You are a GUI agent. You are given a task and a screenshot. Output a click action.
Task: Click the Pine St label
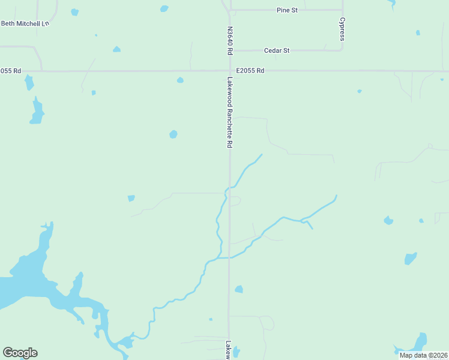pos(287,10)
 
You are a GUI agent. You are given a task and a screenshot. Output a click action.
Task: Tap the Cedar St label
pos(277,50)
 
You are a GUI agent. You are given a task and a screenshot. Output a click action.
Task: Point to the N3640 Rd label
pos(229,40)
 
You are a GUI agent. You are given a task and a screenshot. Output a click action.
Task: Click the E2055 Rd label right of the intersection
pos(250,71)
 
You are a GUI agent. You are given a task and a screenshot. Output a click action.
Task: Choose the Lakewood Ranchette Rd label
pos(229,112)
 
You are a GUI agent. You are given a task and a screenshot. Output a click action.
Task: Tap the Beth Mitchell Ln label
pos(24,23)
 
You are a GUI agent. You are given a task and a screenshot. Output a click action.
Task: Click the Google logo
pos(20,352)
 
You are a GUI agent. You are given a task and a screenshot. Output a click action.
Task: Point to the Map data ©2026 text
pos(423,355)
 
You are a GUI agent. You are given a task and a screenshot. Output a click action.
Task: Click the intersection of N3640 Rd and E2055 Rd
pos(229,71)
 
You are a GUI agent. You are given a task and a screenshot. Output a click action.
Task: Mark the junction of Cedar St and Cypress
pos(342,50)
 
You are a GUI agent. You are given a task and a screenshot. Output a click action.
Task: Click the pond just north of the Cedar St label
pos(116,49)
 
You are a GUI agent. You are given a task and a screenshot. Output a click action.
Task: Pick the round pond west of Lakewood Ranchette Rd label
pos(173,134)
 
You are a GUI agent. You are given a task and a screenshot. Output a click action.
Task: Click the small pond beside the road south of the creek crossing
pos(239,289)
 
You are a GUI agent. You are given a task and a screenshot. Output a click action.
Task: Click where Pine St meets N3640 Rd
pos(229,10)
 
